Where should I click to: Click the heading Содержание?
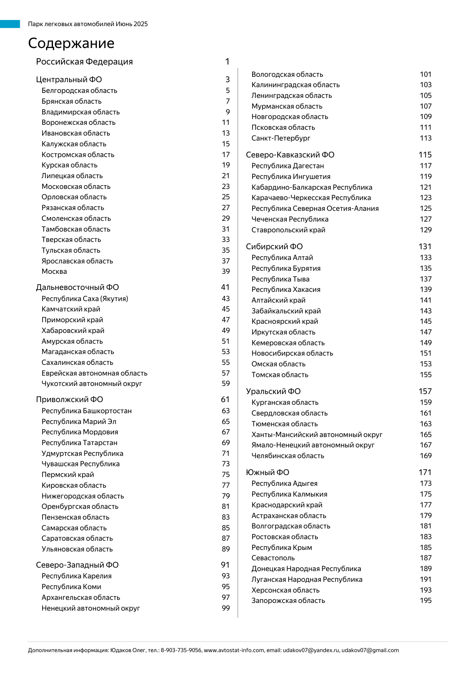point(71,43)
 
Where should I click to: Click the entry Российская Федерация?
point(84,62)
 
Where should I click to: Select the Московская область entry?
point(76,187)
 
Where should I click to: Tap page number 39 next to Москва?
point(226,272)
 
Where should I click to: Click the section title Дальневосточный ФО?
point(77,287)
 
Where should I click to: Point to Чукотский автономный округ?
point(92,384)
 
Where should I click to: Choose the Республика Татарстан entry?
point(79,443)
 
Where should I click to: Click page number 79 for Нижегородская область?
point(226,496)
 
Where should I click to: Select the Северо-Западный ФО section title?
point(77,565)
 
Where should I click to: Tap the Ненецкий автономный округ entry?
point(91,608)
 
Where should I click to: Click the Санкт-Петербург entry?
point(281,138)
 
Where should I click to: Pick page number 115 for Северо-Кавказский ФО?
point(425,155)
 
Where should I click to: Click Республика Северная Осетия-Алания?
point(315,209)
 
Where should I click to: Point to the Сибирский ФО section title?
point(274,247)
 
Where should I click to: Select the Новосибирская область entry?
point(292,353)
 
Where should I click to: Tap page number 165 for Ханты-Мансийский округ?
point(425,435)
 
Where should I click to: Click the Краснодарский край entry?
point(287,505)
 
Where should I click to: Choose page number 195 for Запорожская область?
point(425,601)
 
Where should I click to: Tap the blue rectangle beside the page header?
point(10,24)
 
